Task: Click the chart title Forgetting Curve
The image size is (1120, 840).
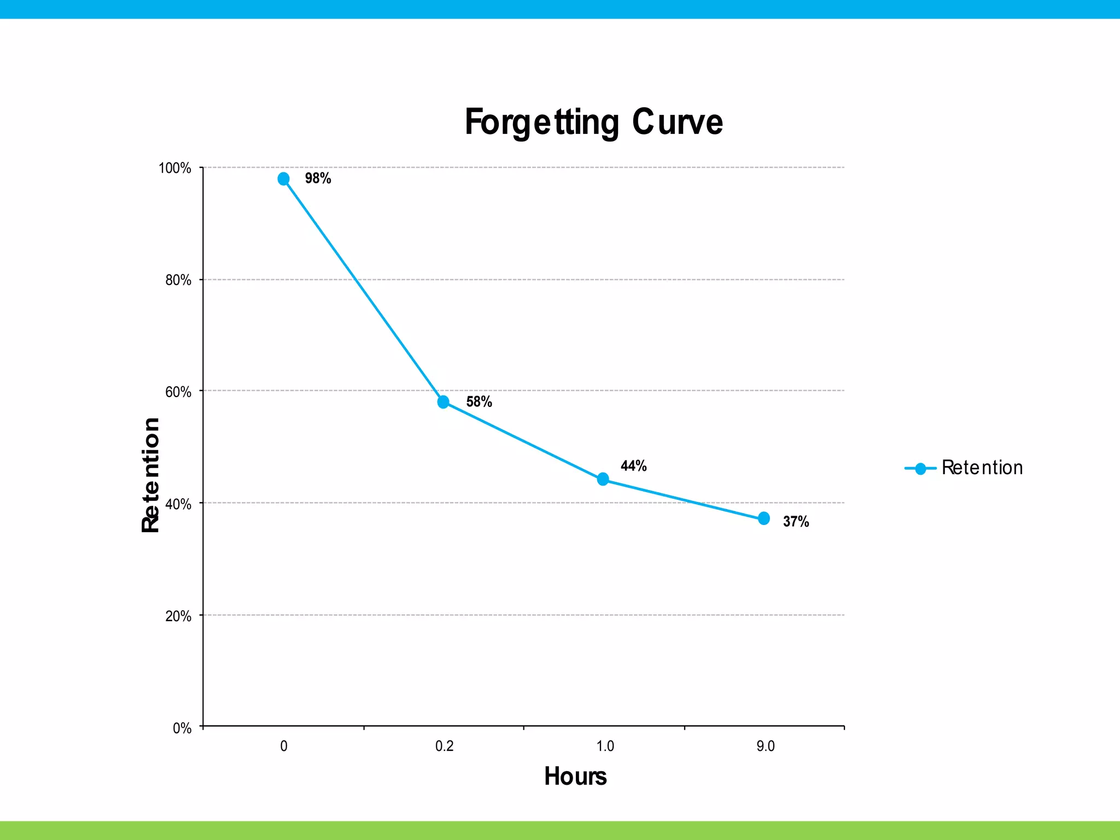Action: [593, 122]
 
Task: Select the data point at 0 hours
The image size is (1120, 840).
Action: [283, 179]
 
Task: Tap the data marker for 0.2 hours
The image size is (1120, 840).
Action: [444, 402]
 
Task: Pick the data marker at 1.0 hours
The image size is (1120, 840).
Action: [603, 479]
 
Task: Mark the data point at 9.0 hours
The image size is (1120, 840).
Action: [764, 518]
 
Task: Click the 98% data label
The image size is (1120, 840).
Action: [318, 178]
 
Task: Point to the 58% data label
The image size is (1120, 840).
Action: [479, 402]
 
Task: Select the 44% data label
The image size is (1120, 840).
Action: [633, 466]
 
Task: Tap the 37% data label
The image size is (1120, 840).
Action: [796, 522]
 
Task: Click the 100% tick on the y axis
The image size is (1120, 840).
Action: [175, 168]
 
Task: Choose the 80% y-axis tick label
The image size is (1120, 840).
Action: [178, 280]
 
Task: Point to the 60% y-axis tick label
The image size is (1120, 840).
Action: [178, 392]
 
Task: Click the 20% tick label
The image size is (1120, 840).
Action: [178, 616]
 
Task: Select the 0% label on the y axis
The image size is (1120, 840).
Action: [182, 728]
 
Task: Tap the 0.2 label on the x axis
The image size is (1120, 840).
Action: [444, 746]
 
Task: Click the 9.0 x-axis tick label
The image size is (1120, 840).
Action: [765, 746]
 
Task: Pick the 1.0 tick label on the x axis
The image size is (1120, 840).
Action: [605, 746]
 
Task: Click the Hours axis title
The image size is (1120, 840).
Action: [575, 777]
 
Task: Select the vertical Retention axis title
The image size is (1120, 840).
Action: [150, 475]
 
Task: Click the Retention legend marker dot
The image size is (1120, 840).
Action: [920, 469]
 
